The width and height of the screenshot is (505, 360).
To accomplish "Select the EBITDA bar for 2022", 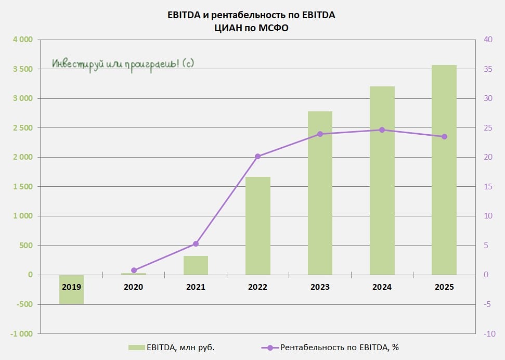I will pos(258,226).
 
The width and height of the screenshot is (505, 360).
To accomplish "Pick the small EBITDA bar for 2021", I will pos(196,265).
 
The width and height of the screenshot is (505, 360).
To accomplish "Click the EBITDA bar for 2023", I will pos(320,193).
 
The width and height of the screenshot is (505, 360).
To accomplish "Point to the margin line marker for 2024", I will pos(382,130).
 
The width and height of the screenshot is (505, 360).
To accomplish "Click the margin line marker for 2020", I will pos(134,271).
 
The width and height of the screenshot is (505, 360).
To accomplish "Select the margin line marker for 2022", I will pos(258,156).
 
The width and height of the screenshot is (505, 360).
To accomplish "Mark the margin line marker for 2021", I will pos(196,243).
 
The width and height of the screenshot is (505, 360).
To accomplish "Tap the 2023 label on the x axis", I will pos(320,287).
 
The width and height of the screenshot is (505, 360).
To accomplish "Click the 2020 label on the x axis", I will pos(134,287).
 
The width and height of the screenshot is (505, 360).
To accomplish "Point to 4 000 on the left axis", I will pos(22,40).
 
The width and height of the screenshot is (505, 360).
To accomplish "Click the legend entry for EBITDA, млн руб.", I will pos(172,348).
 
